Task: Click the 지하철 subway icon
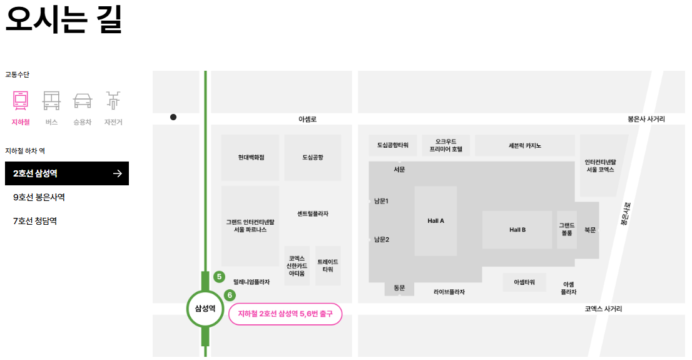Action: [x=21, y=101]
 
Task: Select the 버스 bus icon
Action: [x=51, y=101]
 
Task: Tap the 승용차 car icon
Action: [x=83, y=101]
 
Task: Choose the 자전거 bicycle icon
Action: [x=113, y=101]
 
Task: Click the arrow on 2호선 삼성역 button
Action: [x=117, y=173]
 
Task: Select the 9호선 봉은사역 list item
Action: [x=39, y=197]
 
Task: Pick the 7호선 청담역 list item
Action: [x=35, y=221]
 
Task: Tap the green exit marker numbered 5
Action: [x=219, y=276]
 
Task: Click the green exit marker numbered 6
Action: [x=230, y=295]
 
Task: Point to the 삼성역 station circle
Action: [x=205, y=308]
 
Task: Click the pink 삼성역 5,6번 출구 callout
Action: [x=285, y=314]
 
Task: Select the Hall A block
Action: [x=435, y=220]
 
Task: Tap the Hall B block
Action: [x=517, y=230]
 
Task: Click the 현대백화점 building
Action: [x=251, y=157]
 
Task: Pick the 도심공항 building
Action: [x=313, y=157]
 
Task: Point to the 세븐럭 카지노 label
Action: [x=525, y=145]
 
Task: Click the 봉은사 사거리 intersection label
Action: [x=646, y=118]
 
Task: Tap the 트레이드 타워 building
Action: [x=328, y=265]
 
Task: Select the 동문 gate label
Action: [x=399, y=288]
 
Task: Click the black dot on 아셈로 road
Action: [x=173, y=117]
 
